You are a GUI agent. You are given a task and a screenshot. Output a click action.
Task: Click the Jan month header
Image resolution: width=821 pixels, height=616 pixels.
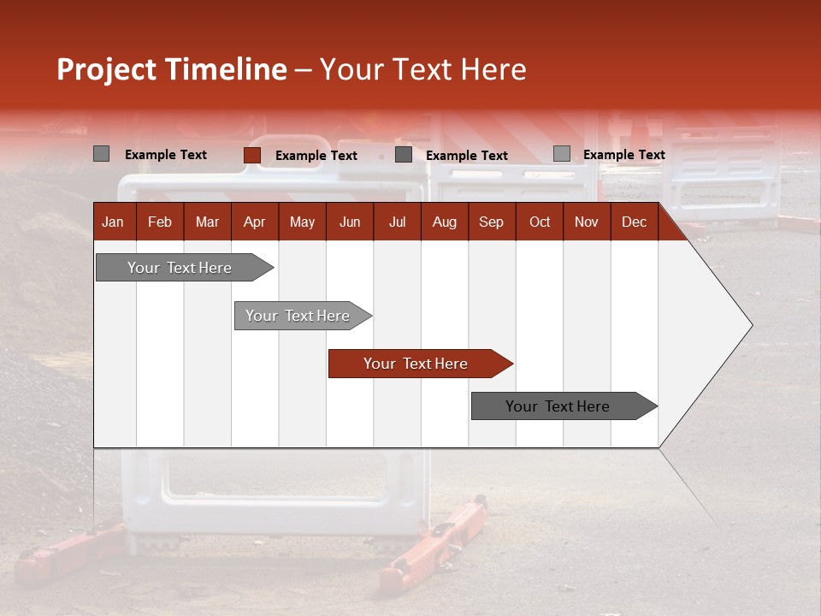point(113,222)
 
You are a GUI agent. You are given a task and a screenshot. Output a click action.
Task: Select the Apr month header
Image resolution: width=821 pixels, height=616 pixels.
point(254,222)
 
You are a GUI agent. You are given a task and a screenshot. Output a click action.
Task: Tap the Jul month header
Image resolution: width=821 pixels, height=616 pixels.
point(397,222)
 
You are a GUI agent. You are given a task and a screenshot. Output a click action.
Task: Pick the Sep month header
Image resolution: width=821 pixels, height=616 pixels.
point(491,222)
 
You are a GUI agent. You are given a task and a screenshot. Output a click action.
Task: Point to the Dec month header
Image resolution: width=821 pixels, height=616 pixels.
point(634,222)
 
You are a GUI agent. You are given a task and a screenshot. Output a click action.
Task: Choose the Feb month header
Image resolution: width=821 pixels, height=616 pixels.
point(160,222)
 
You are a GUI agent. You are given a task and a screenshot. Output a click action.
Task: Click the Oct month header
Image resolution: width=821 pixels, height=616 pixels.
point(540,222)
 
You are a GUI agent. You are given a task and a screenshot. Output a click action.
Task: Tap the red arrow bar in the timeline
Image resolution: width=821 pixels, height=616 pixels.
point(416,364)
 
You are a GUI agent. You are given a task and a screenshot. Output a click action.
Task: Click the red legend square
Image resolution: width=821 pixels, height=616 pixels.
point(252,155)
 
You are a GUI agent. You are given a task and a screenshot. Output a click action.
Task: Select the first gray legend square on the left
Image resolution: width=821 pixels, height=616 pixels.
point(102,154)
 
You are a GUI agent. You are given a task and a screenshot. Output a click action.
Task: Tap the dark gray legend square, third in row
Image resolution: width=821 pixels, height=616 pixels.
point(404,155)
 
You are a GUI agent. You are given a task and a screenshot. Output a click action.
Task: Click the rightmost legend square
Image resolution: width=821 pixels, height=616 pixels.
point(562,154)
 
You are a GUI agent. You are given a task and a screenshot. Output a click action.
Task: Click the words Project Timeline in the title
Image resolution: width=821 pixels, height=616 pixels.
point(171,69)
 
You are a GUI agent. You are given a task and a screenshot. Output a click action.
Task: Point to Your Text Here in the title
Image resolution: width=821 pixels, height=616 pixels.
point(422,69)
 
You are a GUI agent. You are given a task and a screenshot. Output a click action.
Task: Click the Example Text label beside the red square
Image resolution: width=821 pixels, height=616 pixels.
point(316,156)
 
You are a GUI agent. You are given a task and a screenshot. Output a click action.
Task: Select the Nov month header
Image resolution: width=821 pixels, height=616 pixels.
point(587,222)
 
